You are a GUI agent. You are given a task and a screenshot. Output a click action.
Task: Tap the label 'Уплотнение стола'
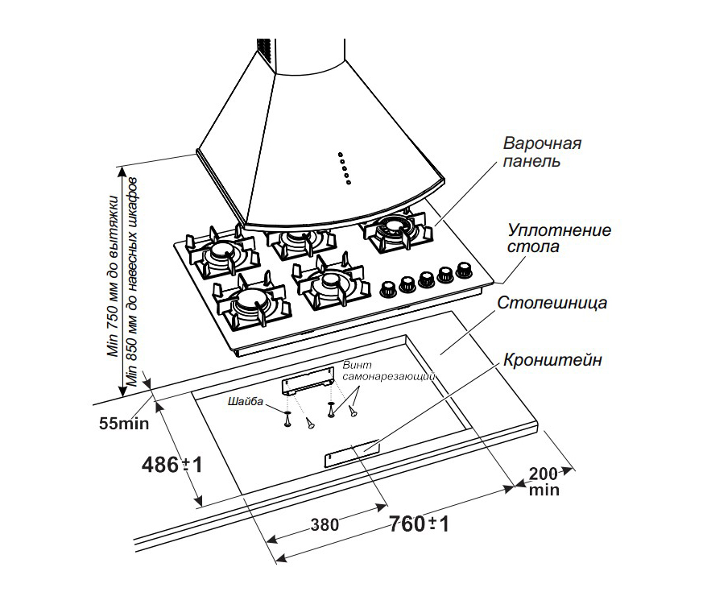(558, 238)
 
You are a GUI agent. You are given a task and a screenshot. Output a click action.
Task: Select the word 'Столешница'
(552, 304)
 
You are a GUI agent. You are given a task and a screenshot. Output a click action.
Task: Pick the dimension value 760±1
(418, 524)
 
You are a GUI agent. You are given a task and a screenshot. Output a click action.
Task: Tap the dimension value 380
(323, 524)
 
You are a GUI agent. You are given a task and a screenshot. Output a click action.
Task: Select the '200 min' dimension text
(544, 480)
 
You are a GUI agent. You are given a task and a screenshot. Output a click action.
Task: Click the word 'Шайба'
(246, 400)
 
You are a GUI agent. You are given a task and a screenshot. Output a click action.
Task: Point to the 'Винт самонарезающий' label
(389, 371)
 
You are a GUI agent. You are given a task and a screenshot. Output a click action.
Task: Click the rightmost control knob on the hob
(464, 269)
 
